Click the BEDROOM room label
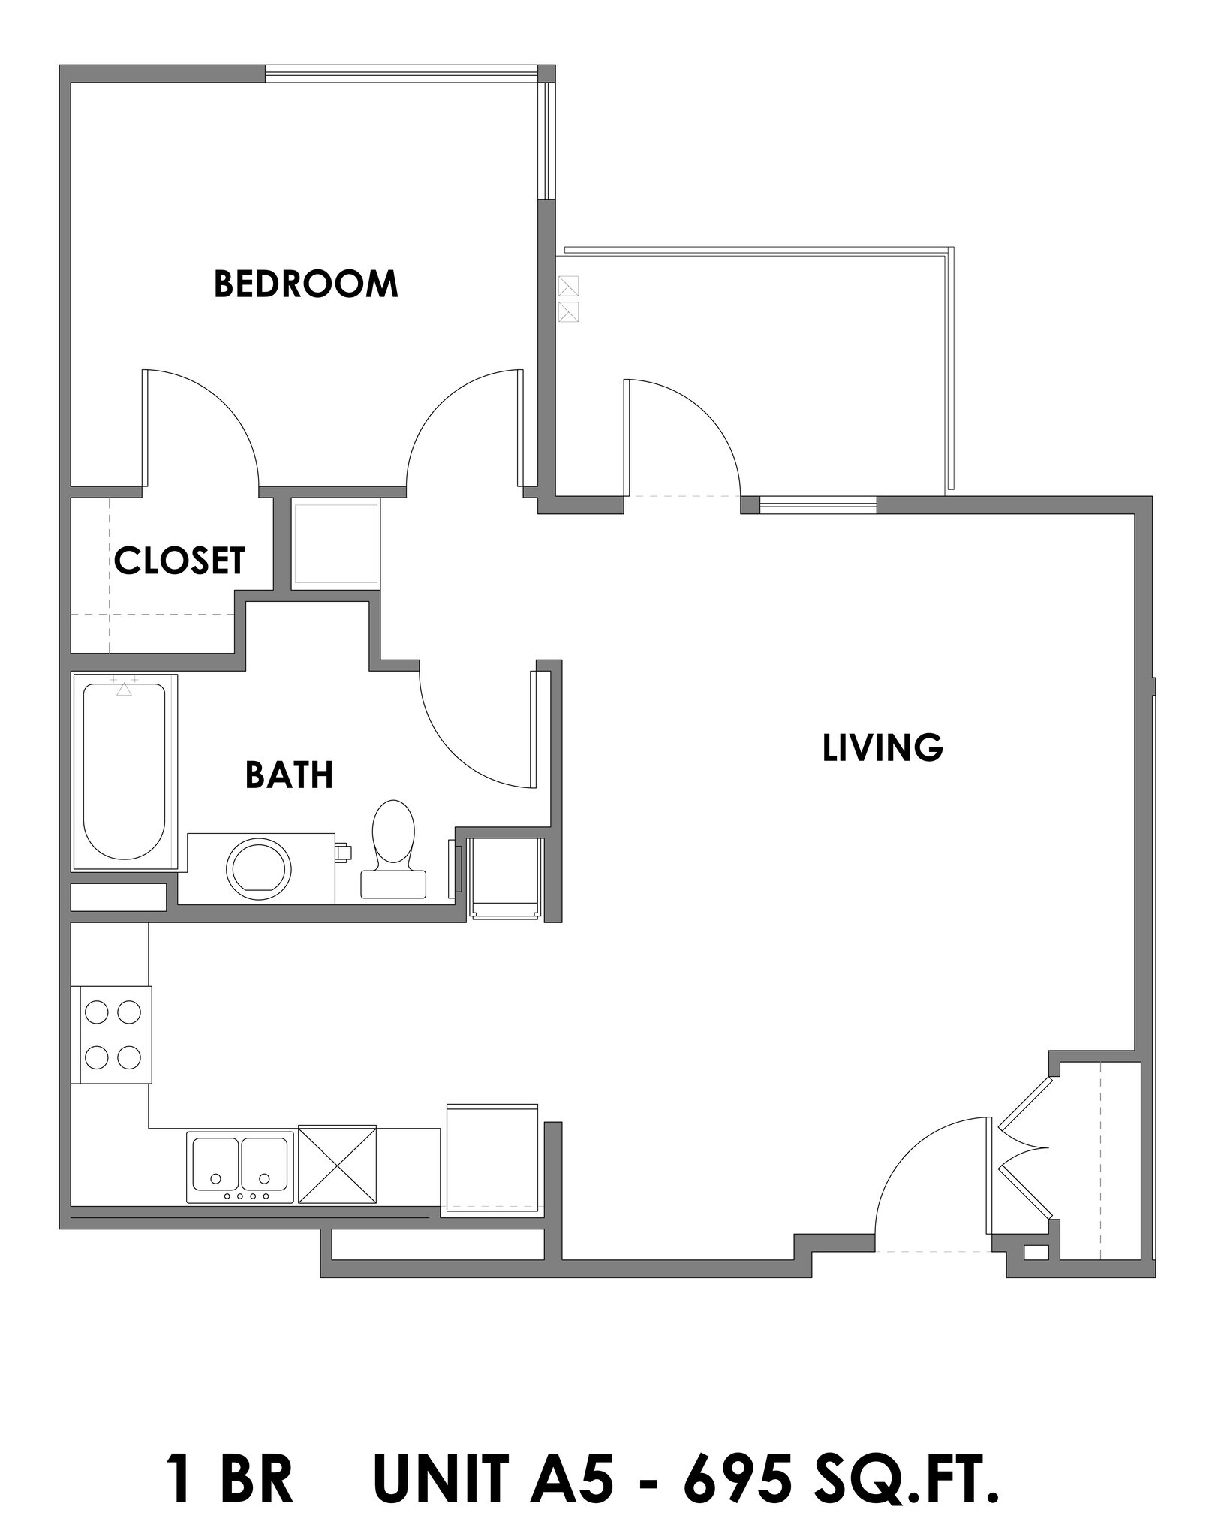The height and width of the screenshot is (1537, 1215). [305, 284]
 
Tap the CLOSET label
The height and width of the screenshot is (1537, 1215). [179, 561]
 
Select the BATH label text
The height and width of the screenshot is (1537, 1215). [289, 775]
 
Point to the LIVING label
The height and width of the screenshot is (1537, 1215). [883, 748]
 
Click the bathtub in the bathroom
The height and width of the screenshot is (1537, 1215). [125, 772]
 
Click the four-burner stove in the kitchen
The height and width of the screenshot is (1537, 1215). [113, 1035]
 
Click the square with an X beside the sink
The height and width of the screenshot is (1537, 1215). [338, 1163]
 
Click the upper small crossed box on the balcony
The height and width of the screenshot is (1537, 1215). [570, 286]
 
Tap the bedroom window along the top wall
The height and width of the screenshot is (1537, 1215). [401, 74]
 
